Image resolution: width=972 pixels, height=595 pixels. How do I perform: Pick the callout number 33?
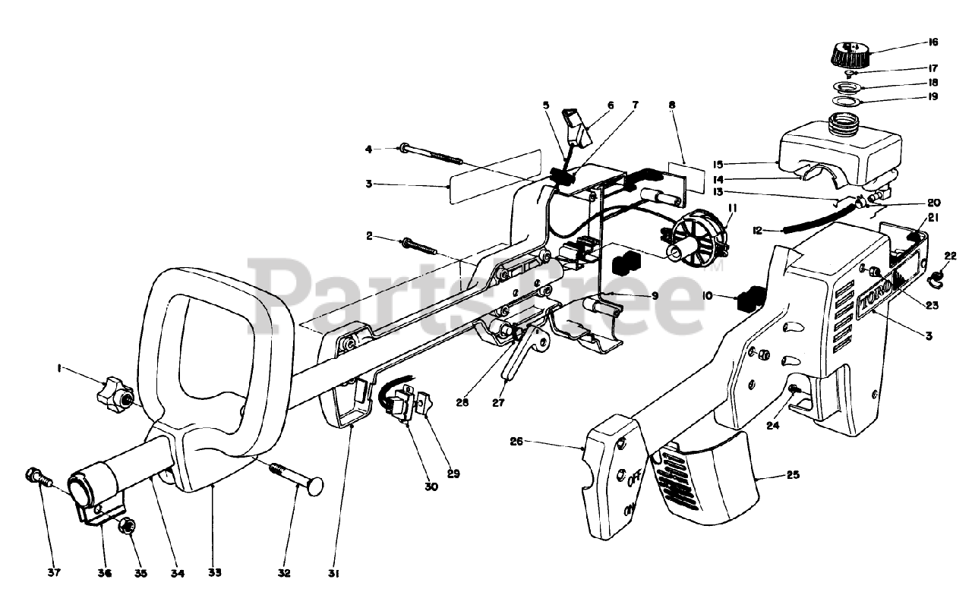pos(214,573)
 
